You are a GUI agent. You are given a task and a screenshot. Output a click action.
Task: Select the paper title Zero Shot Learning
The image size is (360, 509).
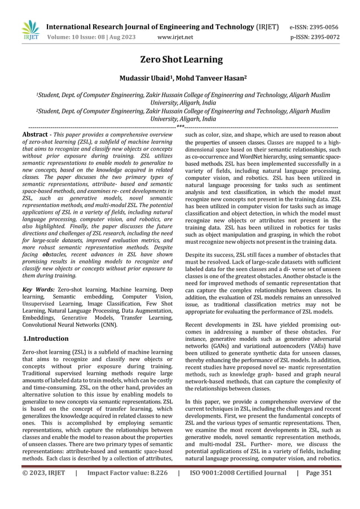180,60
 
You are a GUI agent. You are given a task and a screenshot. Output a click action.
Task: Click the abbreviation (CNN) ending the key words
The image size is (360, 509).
107,325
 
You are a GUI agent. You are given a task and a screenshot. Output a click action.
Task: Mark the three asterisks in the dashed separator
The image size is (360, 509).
180,127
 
